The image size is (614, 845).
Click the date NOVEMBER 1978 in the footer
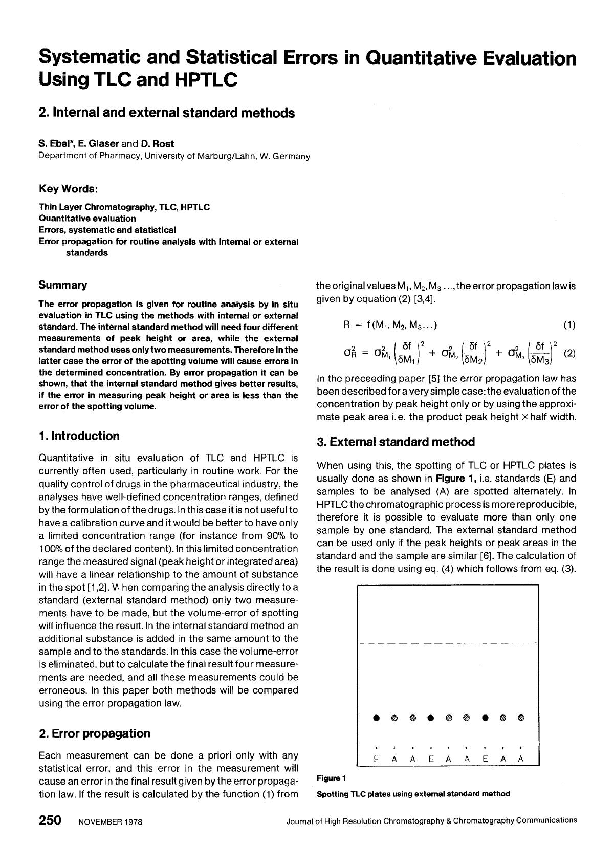[x=110, y=822]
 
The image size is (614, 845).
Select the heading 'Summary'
[x=63, y=285]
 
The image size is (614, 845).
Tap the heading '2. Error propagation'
[x=95, y=733]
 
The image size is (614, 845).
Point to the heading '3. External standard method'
[x=396, y=442]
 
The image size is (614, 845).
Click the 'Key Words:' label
[x=68, y=189]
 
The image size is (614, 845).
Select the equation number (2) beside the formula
[x=569, y=353]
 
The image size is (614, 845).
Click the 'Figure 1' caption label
[x=331, y=778]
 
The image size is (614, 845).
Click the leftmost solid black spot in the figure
[x=377, y=718]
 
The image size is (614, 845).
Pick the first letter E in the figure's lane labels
[x=377, y=760]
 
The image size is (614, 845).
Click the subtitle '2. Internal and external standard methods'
[x=167, y=113]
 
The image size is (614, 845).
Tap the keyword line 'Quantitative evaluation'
[x=87, y=219]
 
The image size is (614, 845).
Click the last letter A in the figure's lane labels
[x=521, y=760]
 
